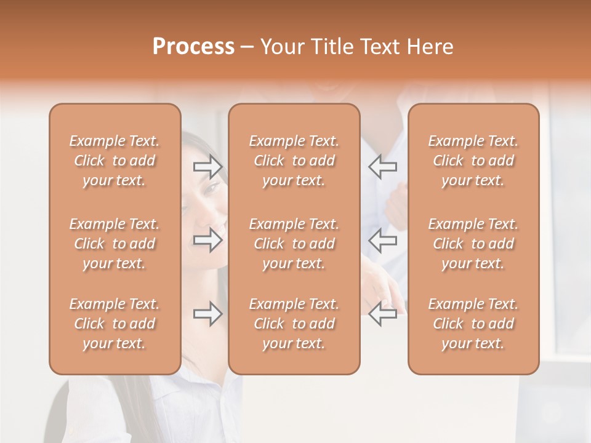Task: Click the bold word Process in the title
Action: tap(193, 47)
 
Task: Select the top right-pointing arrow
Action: tap(207, 166)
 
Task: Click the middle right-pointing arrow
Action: tap(207, 240)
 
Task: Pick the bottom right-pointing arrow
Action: tap(207, 314)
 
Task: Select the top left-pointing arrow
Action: tap(383, 166)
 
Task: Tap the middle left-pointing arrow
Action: tap(383, 240)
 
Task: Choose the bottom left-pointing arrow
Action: tap(383, 314)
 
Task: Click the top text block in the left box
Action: tap(115, 161)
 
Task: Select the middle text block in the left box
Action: tap(115, 244)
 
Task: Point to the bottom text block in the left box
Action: tap(115, 324)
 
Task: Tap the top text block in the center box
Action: tap(294, 161)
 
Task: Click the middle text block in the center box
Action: tap(294, 244)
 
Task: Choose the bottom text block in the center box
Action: tap(294, 324)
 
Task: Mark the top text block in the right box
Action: tap(473, 161)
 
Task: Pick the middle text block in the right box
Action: tap(473, 244)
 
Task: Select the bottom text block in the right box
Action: tap(473, 324)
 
